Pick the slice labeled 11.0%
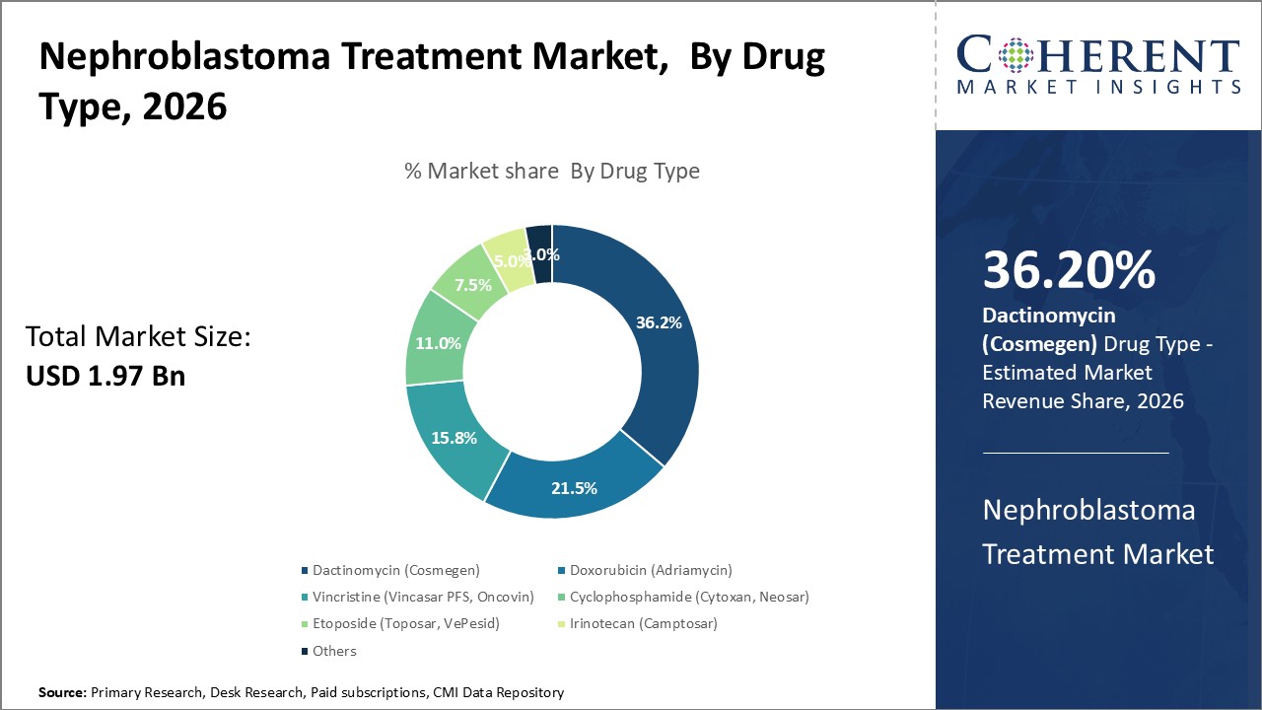coord(438,344)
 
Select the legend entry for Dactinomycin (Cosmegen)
coord(395,570)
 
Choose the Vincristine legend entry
coord(423,597)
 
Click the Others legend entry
coord(334,651)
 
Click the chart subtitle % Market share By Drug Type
coord(552,171)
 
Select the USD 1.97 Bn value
coord(105,376)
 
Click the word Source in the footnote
coord(62,692)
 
